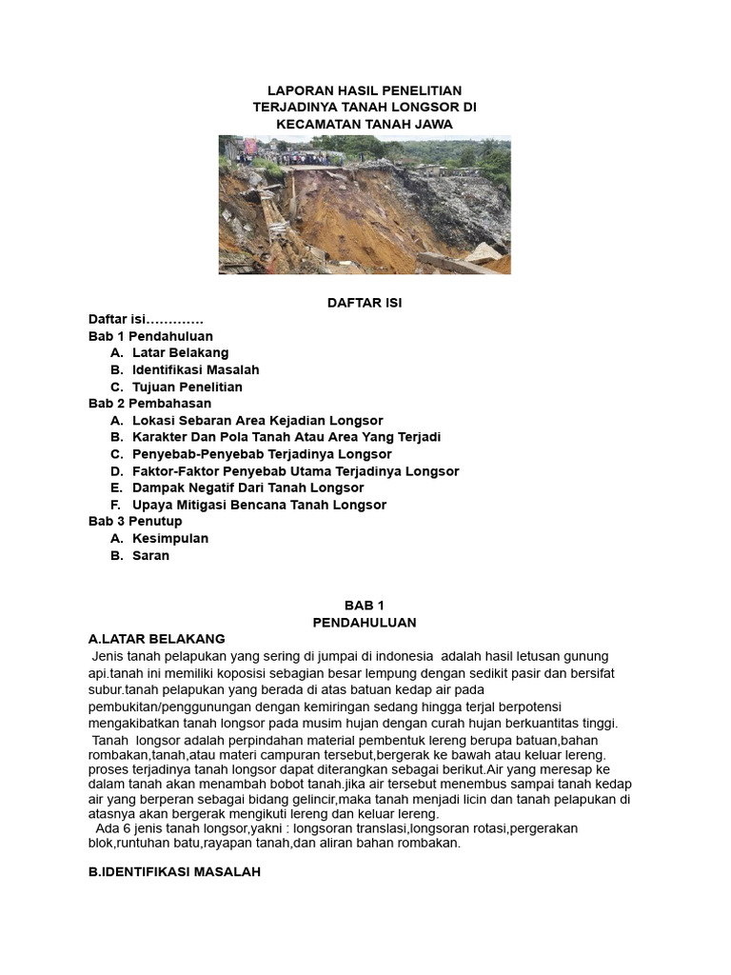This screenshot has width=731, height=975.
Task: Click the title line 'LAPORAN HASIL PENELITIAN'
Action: [x=365, y=90]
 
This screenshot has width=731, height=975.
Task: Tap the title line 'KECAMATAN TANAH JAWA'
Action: [x=365, y=125]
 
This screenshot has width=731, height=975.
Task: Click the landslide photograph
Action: [x=365, y=205]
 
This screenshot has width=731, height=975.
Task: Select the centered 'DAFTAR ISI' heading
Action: [x=365, y=303]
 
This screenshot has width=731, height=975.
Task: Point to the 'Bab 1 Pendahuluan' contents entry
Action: [x=150, y=336]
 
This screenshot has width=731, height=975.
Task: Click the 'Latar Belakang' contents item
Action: [x=180, y=353]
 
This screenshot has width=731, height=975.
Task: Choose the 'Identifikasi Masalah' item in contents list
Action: [x=195, y=369]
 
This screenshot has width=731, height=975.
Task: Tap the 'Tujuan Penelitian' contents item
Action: [x=188, y=387]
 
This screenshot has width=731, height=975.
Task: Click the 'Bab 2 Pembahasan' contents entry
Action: [x=149, y=404]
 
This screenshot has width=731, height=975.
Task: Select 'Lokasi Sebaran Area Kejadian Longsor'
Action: [x=257, y=420]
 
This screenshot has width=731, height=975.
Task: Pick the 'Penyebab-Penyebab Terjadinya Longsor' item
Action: [x=262, y=454]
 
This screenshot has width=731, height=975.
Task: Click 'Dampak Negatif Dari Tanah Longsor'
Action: [x=247, y=487]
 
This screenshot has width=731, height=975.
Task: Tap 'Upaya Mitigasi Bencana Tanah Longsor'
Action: [x=259, y=505]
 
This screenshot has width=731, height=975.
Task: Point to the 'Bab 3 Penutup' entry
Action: [x=135, y=522]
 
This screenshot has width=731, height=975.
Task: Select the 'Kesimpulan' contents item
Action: [x=170, y=538]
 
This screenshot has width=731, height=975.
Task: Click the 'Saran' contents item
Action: [x=150, y=555]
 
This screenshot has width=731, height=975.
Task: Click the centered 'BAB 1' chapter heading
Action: [x=365, y=606]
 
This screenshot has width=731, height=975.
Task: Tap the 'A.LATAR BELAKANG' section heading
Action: [x=156, y=639]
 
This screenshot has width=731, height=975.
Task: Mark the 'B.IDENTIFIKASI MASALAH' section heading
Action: [x=174, y=872]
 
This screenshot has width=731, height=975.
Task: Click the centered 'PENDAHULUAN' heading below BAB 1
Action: [x=365, y=623]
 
